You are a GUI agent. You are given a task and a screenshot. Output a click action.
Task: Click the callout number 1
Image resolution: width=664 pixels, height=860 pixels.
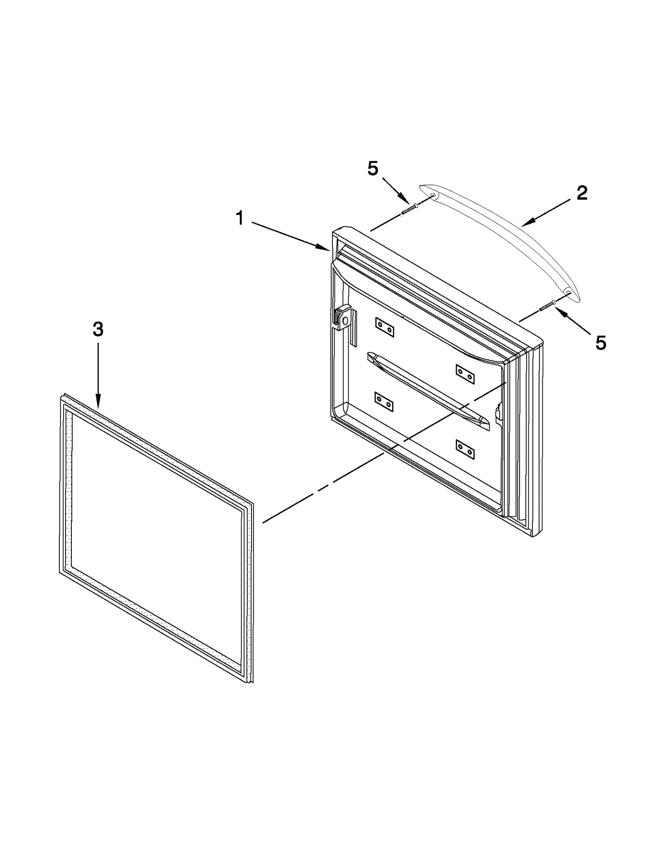pyautogui.click(x=240, y=218)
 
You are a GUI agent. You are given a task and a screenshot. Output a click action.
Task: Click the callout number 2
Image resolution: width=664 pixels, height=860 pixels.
pyautogui.click(x=582, y=193)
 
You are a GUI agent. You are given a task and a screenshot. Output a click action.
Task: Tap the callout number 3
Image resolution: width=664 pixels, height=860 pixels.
pyautogui.click(x=98, y=330)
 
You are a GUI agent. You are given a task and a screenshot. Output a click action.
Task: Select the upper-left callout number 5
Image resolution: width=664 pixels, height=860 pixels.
pyautogui.click(x=373, y=169)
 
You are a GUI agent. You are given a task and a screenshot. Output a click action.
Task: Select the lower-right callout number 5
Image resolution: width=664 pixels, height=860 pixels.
pyautogui.click(x=601, y=343)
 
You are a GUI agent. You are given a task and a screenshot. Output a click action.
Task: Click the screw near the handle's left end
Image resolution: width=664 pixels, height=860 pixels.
pyautogui.click(x=409, y=209)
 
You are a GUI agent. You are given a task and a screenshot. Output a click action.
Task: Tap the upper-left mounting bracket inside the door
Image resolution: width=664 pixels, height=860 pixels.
pyautogui.click(x=384, y=327)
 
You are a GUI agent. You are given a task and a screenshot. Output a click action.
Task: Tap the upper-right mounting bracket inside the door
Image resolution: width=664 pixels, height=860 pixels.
pyautogui.click(x=465, y=374)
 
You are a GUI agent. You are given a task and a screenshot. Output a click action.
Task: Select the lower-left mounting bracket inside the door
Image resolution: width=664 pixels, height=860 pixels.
pyautogui.click(x=383, y=402)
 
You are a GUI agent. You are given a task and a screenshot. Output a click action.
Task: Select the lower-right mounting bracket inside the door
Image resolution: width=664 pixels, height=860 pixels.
pyautogui.click(x=465, y=449)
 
